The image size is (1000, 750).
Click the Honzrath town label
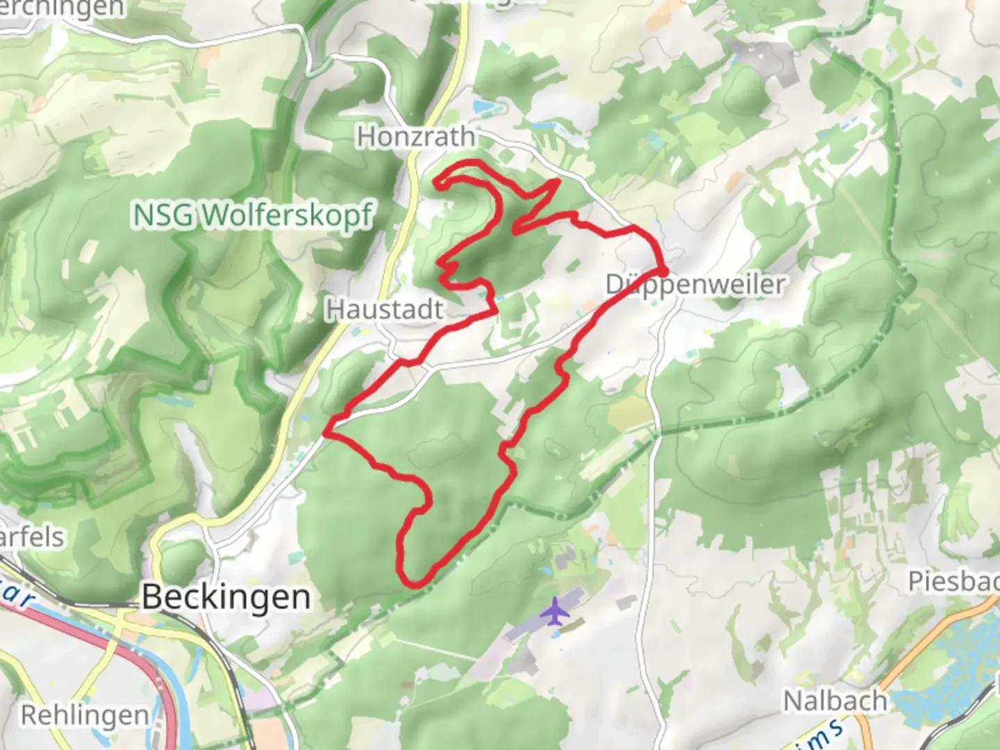click(x=416, y=137)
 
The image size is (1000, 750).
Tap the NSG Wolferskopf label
click(x=253, y=215)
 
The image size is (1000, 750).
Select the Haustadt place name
click(x=384, y=310)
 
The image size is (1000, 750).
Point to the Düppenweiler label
click(x=696, y=285)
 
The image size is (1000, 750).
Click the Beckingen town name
click(x=226, y=597)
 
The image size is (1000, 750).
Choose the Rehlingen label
click(x=85, y=715)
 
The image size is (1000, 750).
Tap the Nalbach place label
click(x=835, y=701)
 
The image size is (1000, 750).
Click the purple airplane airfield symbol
click(x=555, y=611)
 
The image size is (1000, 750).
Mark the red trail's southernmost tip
click(x=415, y=585)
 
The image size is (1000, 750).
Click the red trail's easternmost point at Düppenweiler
click(x=665, y=270)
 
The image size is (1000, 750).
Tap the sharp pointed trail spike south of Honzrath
click(x=557, y=182)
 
